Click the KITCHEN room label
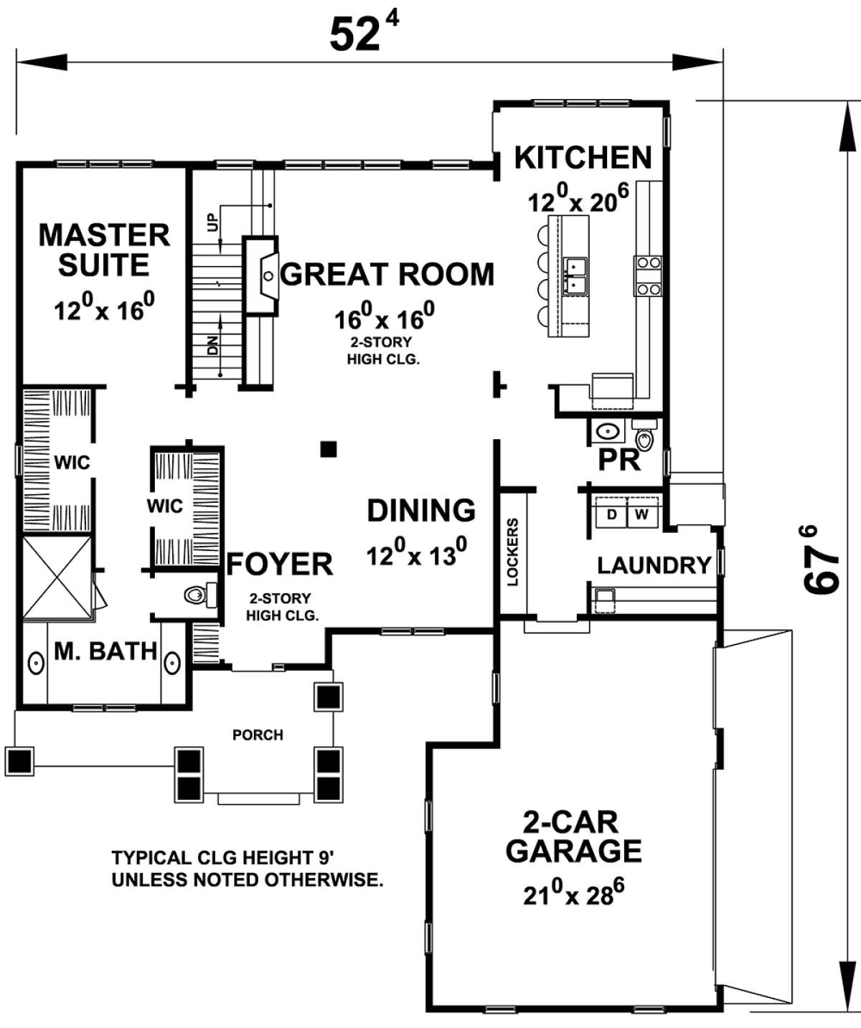pos(583,158)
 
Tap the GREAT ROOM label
pos(387,274)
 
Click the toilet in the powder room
pos(644,434)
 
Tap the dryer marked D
pos(611,514)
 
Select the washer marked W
pos(641,514)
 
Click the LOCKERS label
pos(513,552)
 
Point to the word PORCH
pos(258,735)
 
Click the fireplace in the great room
pos(261,275)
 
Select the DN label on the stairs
pos(212,345)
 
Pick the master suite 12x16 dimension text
pos(104,311)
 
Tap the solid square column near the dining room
pos(328,448)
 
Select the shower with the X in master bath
pos(57,577)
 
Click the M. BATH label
pos(105,651)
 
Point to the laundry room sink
pos(604,600)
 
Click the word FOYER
pos(279,565)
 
